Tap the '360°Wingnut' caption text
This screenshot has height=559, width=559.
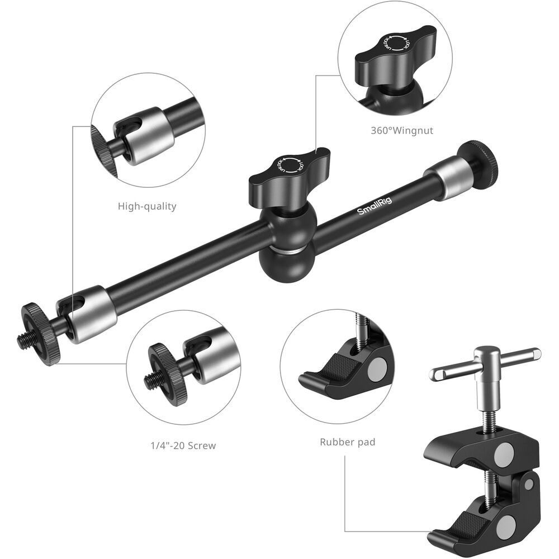click(402, 130)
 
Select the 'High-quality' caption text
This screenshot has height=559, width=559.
click(147, 206)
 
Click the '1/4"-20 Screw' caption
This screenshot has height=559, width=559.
click(183, 446)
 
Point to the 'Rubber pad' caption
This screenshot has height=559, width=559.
click(348, 442)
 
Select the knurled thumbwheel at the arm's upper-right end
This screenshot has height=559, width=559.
click(480, 160)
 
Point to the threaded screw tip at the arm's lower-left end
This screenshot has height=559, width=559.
click(22, 340)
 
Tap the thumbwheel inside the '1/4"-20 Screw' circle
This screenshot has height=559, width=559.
click(168, 372)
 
